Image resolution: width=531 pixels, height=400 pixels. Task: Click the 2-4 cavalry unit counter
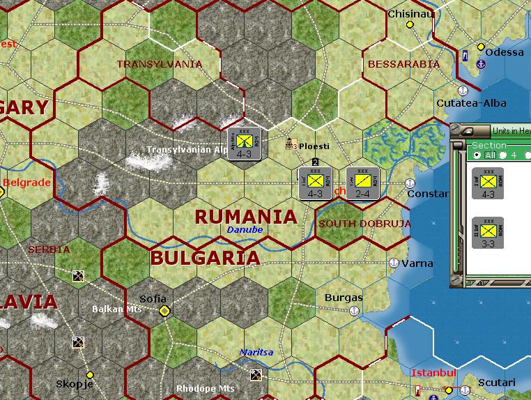(362, 183)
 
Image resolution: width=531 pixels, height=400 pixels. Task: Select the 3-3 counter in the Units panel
(488, 233)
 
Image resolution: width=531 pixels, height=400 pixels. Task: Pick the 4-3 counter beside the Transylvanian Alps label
(244, 144)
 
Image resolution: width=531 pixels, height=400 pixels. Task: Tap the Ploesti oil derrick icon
(291, 144)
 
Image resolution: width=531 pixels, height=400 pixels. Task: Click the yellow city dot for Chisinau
(410, 24)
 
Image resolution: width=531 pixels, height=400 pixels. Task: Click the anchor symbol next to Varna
(393, 263)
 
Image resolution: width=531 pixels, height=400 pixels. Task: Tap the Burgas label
(344, 298)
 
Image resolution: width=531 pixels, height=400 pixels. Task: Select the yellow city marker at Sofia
(164, 311)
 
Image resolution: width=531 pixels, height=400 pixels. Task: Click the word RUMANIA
(246, 217)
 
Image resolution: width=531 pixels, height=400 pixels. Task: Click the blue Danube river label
(245, 229)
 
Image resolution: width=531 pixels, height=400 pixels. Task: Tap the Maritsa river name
(256, 353)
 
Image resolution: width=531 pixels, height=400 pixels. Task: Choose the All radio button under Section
(477, 155)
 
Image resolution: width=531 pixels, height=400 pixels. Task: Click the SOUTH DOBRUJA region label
(364, 224)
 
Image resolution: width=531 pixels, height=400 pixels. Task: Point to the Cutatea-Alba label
(471, 103)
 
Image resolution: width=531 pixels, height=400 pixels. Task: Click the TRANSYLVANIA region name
(160, 64)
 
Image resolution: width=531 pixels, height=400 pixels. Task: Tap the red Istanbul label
(433, 373)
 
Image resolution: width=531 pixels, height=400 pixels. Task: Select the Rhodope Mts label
(205, 388)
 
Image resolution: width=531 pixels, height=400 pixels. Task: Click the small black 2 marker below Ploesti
(315, 162)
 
